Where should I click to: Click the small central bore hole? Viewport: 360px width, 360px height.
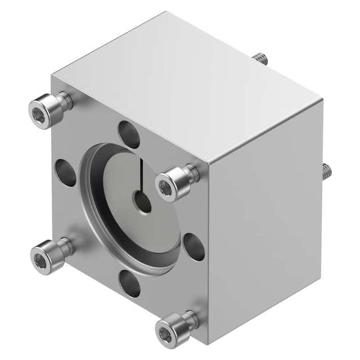coord(142,201)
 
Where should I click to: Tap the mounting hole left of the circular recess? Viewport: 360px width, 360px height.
coord(66,172)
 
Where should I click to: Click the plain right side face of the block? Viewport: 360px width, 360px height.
coord(264,225)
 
